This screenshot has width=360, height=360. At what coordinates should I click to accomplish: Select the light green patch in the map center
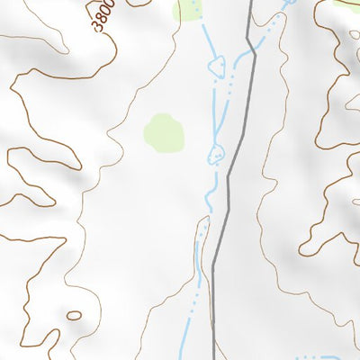click(x=165, y=132)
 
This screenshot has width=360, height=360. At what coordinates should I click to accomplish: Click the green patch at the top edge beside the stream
click(x=189, y=10)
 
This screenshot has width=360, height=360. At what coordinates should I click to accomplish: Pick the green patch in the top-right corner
click(x=346, y=3)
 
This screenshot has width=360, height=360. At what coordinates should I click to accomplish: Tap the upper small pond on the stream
click(x=216, y=65)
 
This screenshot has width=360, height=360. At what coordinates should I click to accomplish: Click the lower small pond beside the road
click(x=216, y=154)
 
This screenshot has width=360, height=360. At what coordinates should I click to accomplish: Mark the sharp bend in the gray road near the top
click(x=254, y=56)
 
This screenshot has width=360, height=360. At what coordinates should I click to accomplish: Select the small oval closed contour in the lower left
click(x=73, y=315)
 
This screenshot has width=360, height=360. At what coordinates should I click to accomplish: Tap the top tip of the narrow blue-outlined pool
click(x=204, y=218)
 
